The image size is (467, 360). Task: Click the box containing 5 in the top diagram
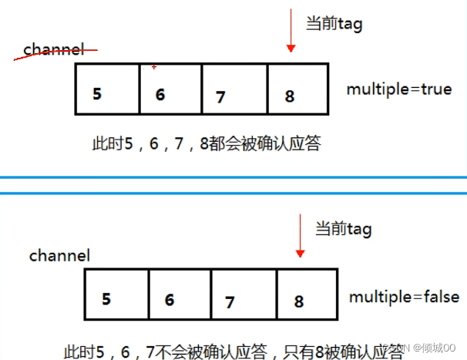(x=108, y=89)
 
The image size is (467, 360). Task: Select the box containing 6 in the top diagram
(x=170, y=89)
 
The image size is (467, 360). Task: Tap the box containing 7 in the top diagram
(x=234, y=89)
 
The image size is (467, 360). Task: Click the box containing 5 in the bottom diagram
(x=116, y=294)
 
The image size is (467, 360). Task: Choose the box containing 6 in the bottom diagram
(x=180, y=294)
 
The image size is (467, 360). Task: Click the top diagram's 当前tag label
(x=334, y=24)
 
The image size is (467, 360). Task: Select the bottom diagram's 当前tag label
(x=344, y=228)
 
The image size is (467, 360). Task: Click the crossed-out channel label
(x=53, y=50)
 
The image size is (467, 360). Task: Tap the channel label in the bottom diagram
(x=59, y=254)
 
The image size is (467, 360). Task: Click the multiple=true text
(x=398, y=89)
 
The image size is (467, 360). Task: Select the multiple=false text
(x=403, y=297)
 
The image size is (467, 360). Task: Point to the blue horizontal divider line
(x=234, y=179)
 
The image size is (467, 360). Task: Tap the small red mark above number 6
(x=154, y=67)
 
